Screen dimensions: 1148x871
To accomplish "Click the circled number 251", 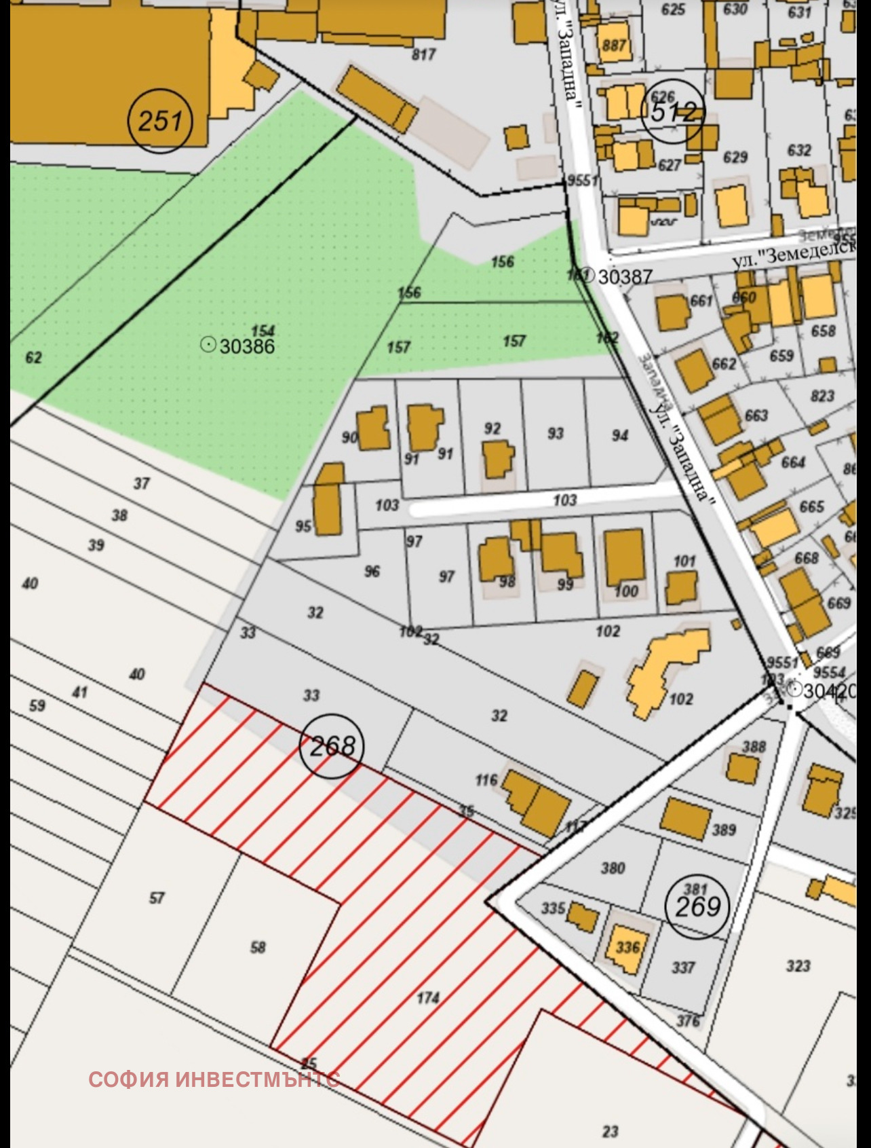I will [x=160, y=121].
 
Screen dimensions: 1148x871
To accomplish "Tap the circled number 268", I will [x=332, y=746].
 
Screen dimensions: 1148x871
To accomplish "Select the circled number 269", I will [x=697, y=906].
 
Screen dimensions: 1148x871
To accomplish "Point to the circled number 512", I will [x=673, y=111].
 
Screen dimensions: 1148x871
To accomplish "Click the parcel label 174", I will [x=428, y=997].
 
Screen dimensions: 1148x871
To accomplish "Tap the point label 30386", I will [x=247, y=346].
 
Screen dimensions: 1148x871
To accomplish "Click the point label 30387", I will [x=624, y=276].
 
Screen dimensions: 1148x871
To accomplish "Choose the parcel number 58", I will [x=258, y=946].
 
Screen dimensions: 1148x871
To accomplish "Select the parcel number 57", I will [x=157, y=897].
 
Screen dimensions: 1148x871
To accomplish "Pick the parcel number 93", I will [x=556, y=432].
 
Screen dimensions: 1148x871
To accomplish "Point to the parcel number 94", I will [x=620, y=435].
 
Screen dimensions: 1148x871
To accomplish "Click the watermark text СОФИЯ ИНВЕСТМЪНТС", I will [x=214, y=1079].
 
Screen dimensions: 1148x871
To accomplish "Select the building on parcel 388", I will [x=743, y=768].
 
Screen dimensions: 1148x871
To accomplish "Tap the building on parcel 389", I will [x=685, y=815].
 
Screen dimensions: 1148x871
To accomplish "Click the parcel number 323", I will [x=798, y=965].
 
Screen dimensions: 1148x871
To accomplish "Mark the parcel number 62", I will [x=33, y=357].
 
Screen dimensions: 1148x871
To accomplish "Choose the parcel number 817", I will [x=423, y=54].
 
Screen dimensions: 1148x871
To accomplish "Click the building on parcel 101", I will [x=681, y=587].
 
